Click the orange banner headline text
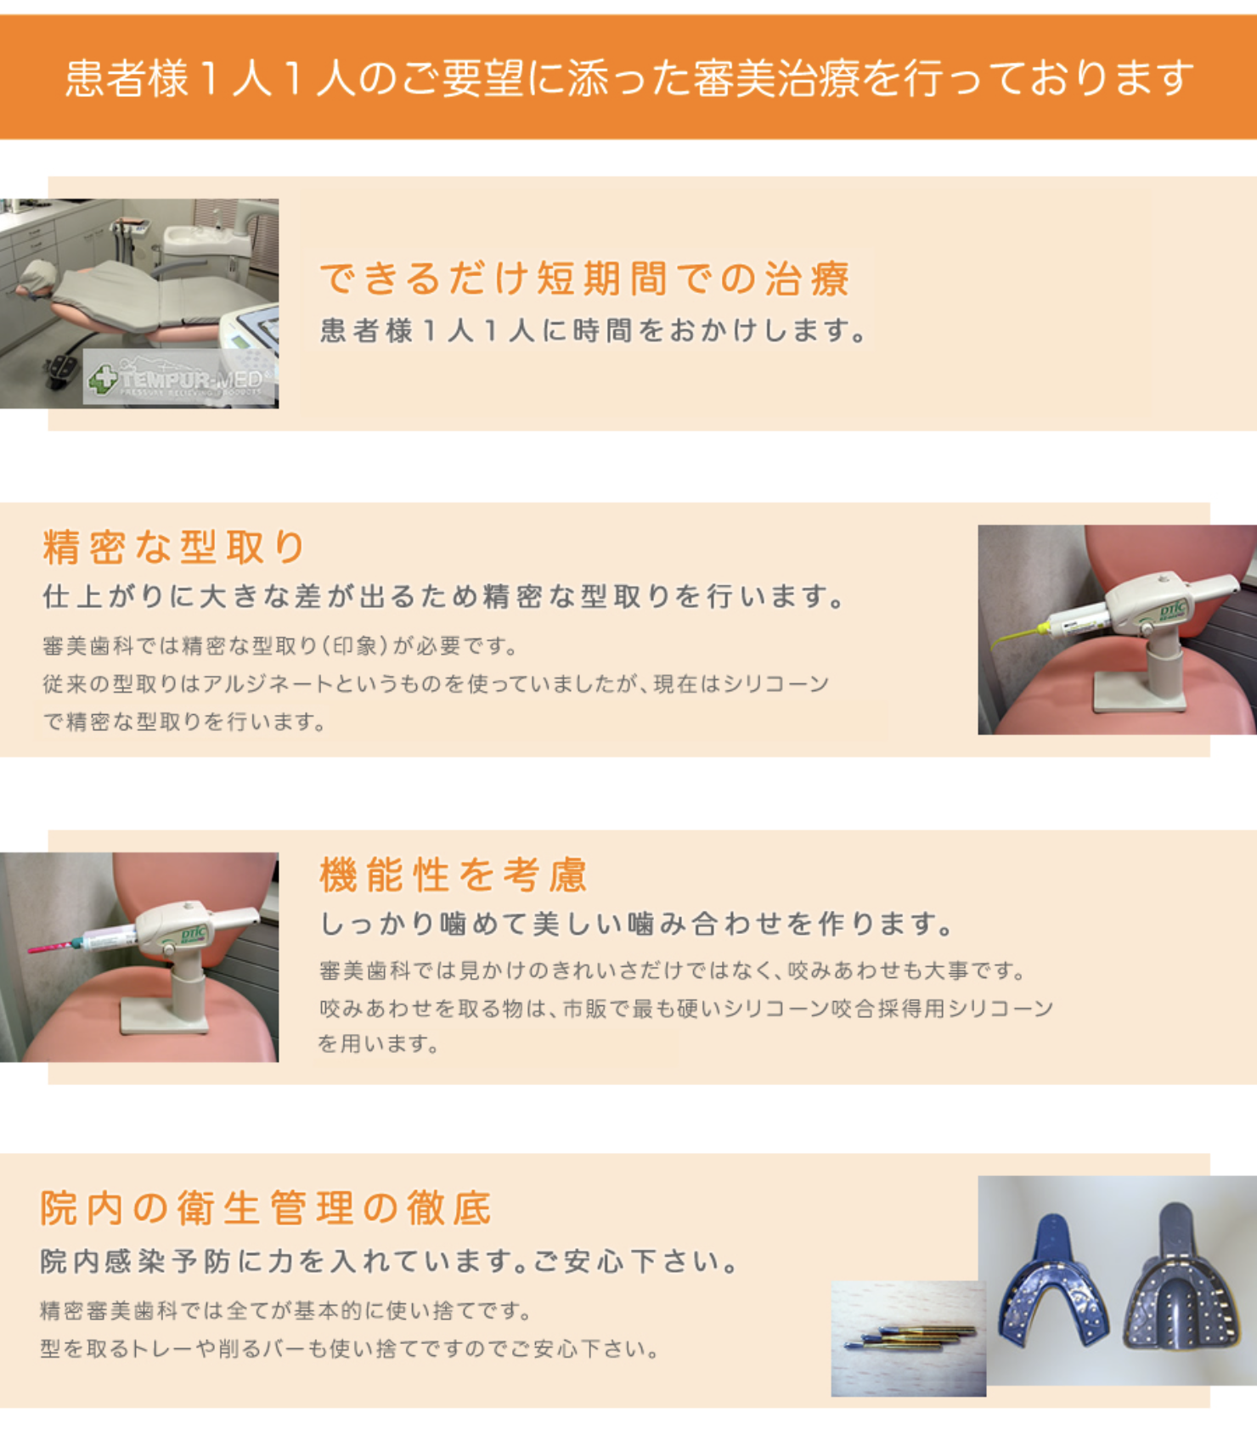[629, 78]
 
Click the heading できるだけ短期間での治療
[584, 278]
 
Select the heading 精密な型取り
[173, 547]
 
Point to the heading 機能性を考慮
[454, 875]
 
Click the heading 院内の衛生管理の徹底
[266, 1207]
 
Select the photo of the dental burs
[908, 1338]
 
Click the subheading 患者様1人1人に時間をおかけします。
[594, 330]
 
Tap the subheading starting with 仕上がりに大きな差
[443, 596]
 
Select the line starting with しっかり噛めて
[636, 923]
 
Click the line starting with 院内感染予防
[390, 1261]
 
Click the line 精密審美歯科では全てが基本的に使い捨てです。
[285, 1310]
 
